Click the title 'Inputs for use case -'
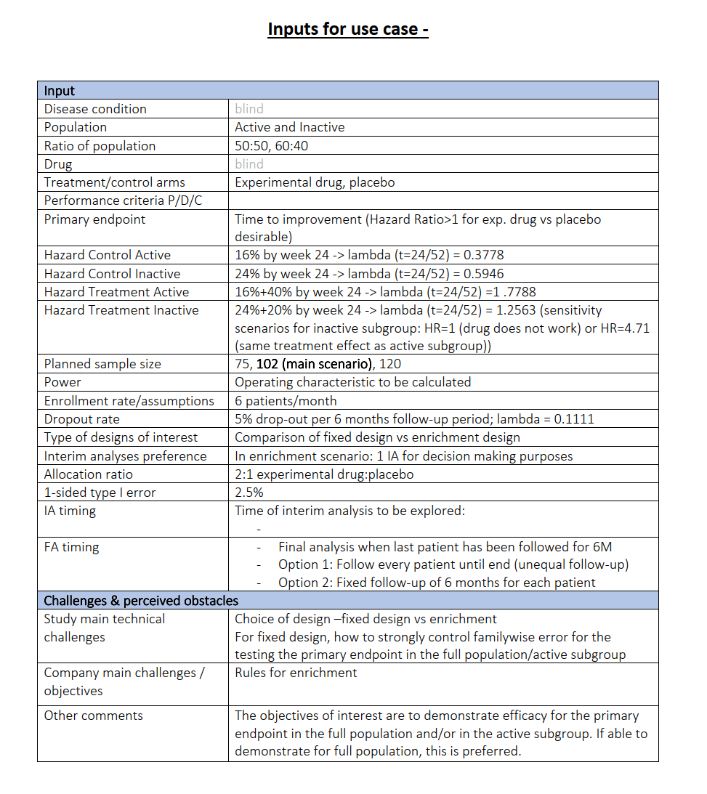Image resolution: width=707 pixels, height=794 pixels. pos(347,30)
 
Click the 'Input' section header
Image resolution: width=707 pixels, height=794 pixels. pos(60,91)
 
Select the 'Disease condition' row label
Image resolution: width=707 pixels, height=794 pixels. pos(95,109)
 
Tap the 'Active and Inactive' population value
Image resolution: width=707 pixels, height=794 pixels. pos(289,127)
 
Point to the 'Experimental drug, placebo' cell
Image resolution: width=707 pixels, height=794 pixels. pos(315,182)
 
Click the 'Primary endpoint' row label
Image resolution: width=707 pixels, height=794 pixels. pos(94,219)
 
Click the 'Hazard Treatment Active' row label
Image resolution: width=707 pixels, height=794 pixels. pos(116,292)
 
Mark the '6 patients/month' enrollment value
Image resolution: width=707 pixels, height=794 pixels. pos(286,401)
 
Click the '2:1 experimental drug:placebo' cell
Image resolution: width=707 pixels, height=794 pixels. pos(324,474)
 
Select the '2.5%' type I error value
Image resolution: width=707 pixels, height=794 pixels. pos(249,493)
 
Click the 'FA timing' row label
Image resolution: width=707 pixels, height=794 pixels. pos(71,547)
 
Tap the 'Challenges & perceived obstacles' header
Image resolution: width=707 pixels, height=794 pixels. pos(141,601)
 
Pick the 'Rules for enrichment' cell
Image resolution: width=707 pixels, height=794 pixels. pos(296,673)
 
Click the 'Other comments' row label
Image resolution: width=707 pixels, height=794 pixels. pos(93,716)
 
